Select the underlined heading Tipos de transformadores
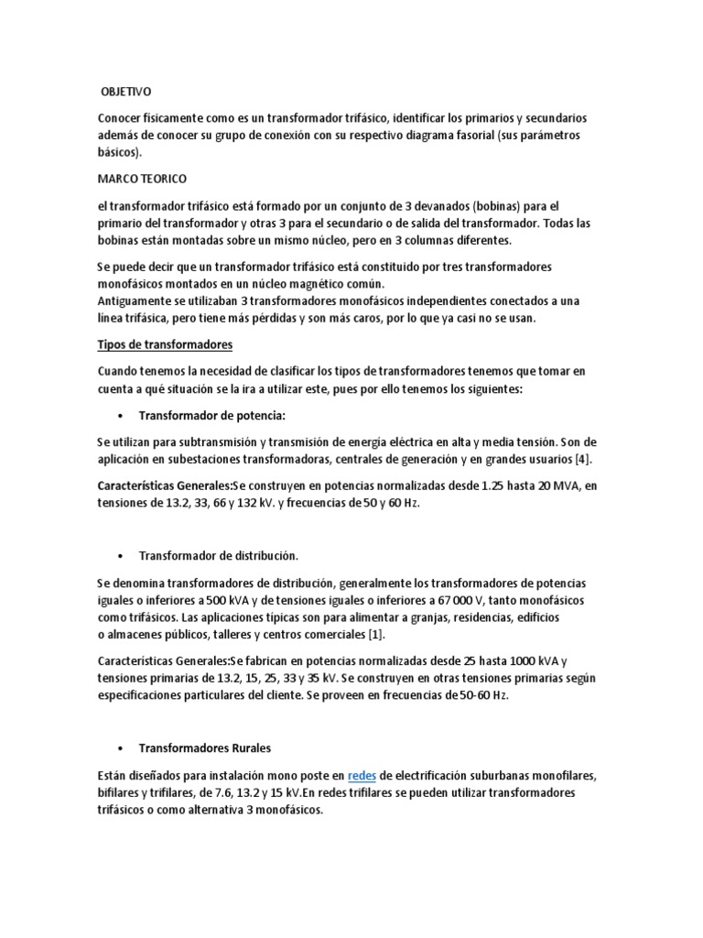[x=165, y=344]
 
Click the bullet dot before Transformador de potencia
[x=121, y=416]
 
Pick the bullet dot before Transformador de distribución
[x=121, y=555]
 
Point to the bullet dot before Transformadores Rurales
[x=121, y=748]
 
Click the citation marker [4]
[x=594, y=458]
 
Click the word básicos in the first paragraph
[x=118, y=152]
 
